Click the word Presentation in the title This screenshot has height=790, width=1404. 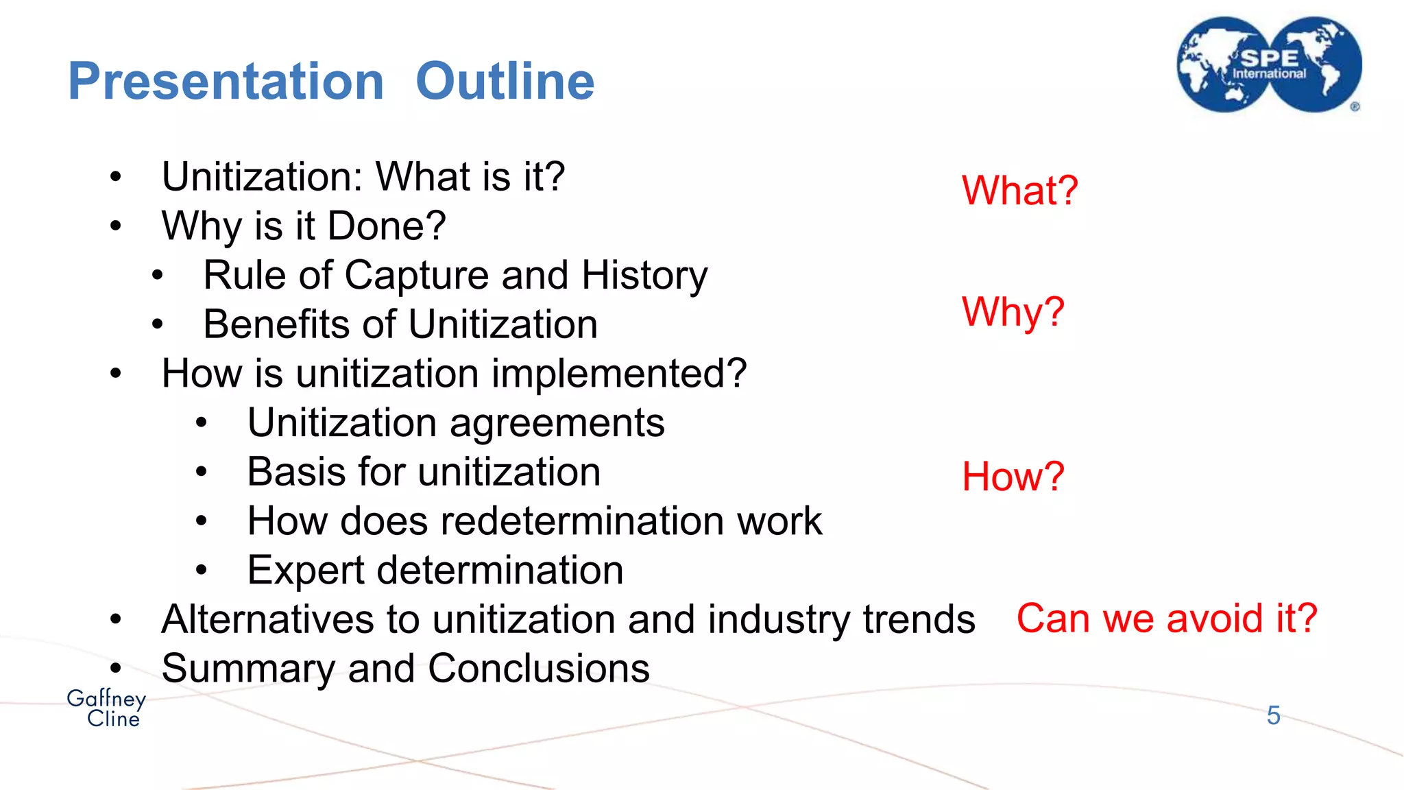[226, 82]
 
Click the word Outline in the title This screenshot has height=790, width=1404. [505, 82]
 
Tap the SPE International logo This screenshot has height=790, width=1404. [1269, 65]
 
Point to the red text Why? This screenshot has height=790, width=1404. [1013, 312]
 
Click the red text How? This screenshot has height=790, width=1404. [1013, 476]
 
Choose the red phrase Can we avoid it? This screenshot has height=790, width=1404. [1166, 618]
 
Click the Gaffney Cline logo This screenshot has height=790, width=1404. [107, 708]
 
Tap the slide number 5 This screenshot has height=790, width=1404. [1273, 715]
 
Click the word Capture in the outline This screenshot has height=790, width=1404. [416, 276]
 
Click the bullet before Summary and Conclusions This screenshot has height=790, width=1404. [115, 667]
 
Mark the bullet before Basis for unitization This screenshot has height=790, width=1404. [201, 472]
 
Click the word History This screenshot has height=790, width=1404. [644, 276]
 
